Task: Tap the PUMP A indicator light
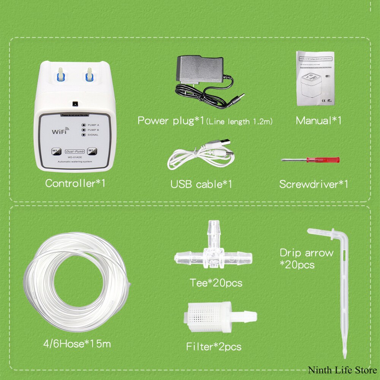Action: pyautogui.click(x=83, y=125)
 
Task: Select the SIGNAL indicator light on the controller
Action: pyautogui.click(x=83, y=135)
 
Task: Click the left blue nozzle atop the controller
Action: pyautogui.click(x=60, y=74)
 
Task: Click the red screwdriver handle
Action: pyautogui.click(x=329, y=160)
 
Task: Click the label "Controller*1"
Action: pyautogui.click(x=75, y=183)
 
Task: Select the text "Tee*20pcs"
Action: pyautogui.click(x=216, y=283)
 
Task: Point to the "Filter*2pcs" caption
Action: pyautogui.click(x=214, y=347)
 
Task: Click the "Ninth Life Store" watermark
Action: pyautogui.click(x=342, y=370)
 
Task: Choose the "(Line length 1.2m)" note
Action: pyautogui.click(x=239, y=122)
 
